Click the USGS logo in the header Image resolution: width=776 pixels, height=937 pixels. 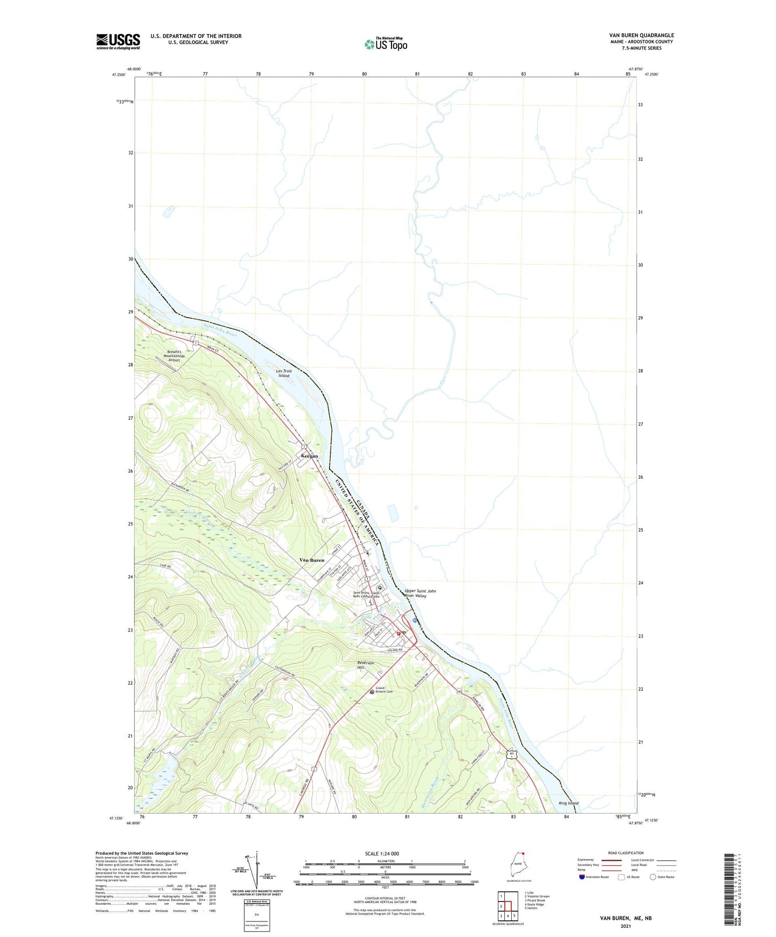tap(118, 42)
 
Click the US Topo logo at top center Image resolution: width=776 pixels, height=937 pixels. tap(386, 44)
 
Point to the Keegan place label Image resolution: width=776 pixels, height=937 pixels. tap(309, 456)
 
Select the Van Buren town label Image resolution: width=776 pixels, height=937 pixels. tap(311, 560)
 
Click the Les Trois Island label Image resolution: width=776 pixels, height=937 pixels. tap(284, 374)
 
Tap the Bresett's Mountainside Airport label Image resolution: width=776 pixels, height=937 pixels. tap(174, 356)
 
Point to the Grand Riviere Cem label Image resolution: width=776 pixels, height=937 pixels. tap(384, 690)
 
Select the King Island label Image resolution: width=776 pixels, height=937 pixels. tap(568, 803)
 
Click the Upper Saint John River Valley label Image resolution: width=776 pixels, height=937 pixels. tap(420, 593)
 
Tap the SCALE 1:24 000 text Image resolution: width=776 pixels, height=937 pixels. tap(382, 854)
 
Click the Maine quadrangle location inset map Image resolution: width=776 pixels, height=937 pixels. tap(518, 865)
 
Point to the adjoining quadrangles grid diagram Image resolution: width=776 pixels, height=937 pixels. tap(507, 905)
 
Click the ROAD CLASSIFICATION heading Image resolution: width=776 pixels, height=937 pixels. tap(626, 853)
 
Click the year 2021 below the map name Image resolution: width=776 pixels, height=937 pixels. tap(626, 926)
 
